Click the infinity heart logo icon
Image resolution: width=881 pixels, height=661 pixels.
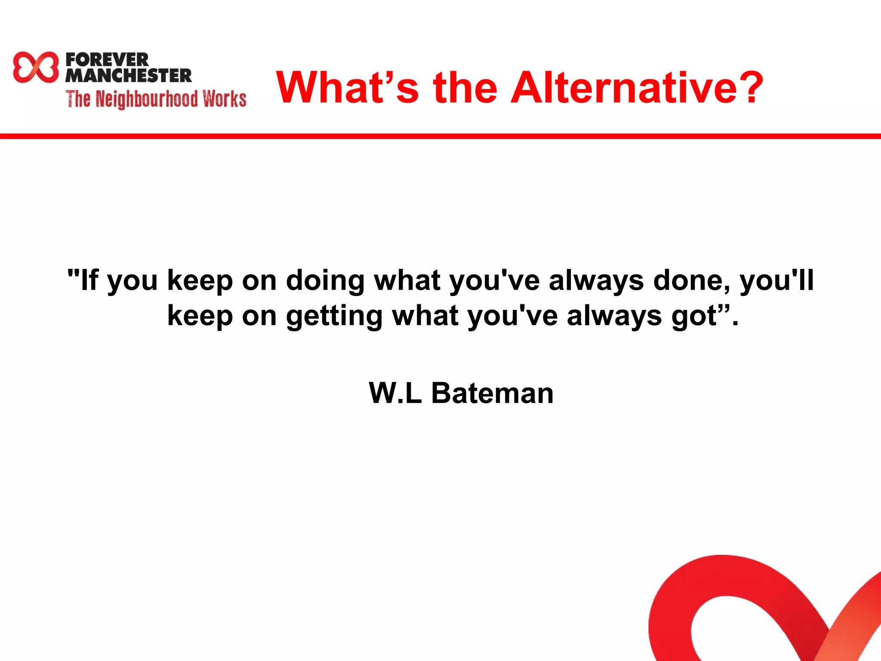[x=35, y=67]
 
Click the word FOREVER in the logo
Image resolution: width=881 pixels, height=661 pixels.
[x=107, y=59]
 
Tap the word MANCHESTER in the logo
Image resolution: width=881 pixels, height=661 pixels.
[x=129, y=75]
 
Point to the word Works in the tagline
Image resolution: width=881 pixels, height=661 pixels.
[x=225, y=99]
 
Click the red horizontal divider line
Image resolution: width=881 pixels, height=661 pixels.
[x=440, y=136]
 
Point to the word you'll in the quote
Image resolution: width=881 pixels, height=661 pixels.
[x=777, y=281]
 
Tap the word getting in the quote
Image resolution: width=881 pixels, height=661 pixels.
[x=334, y=316]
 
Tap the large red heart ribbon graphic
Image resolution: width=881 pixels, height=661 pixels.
[x=731, y=602]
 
